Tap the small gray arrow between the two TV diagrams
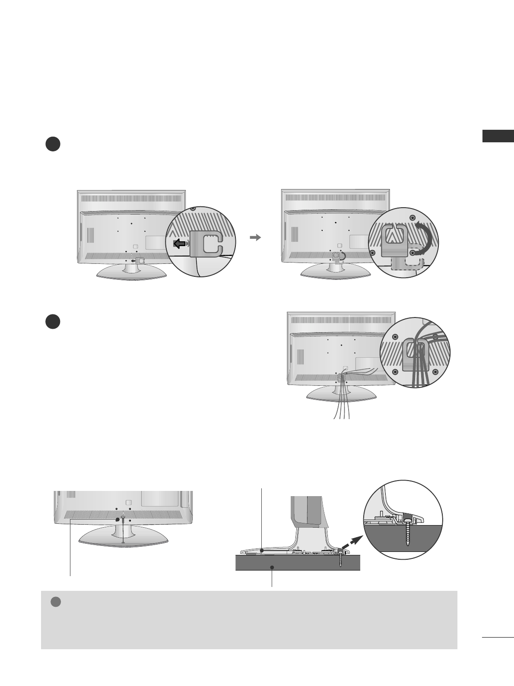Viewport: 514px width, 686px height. pos(256,237)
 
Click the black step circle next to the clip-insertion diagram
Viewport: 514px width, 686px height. pos(53,144)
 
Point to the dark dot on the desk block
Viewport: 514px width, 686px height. pos(272,567)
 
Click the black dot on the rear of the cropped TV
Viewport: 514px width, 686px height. pos(117,519)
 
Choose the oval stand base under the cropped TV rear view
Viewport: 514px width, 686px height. pos(124,537)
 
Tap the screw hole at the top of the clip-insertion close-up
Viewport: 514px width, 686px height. pos(192,208)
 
